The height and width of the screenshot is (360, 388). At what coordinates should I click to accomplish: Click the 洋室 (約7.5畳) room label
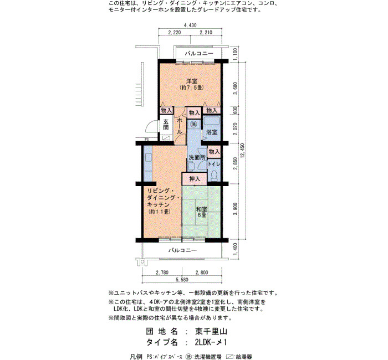(192, 84)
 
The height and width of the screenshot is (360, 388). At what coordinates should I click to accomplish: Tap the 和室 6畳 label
(202, 212)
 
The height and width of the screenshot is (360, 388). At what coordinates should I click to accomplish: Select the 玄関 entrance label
(166, 125)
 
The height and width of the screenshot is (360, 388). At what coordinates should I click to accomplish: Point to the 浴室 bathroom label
(212, 132)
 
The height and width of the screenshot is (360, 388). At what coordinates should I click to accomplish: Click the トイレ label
(214, 164)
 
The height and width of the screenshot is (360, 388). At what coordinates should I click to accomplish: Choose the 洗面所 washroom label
(197, 157)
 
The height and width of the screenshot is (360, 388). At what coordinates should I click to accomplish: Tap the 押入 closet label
(195, 179)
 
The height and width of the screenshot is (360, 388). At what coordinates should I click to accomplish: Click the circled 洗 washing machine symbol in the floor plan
(194, 124)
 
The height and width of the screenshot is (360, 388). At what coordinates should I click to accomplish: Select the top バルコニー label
(199, 53)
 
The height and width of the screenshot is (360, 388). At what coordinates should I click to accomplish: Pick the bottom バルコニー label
(182, 250)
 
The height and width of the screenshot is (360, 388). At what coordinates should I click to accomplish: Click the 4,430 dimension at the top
(190, 25)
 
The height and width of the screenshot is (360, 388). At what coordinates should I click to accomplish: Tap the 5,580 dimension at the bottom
(182, 280)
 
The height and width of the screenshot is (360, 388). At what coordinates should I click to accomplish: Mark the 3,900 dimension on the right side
(236, 209)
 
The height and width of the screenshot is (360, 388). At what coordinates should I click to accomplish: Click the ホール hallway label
(180, 126)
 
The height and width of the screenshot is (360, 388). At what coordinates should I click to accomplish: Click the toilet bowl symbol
(214, 176)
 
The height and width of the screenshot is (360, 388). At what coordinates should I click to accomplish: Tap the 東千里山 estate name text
(211, 331)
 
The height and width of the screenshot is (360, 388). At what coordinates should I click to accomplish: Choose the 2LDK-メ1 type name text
(211, 342)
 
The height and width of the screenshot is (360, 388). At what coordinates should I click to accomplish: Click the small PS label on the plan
(146, 140)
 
